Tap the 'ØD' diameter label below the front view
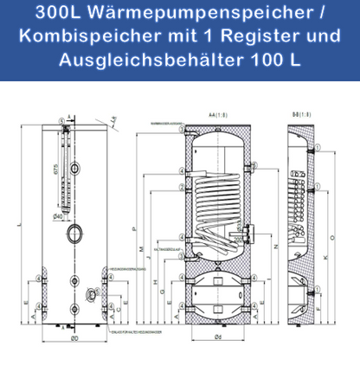pos(75,337)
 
